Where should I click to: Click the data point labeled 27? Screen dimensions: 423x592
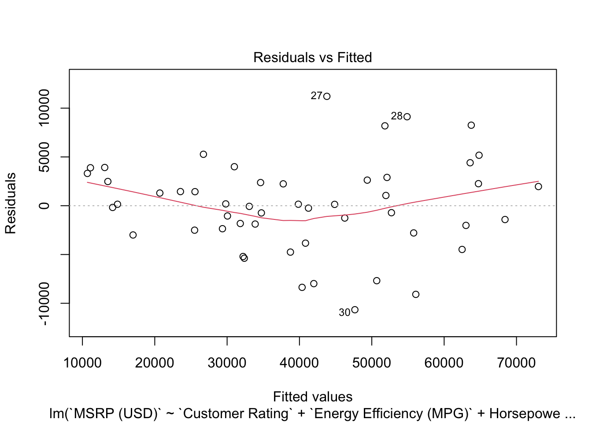coord(327,96)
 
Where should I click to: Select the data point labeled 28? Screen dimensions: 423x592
coord(407,117)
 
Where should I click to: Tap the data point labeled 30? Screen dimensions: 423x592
coord(355,310)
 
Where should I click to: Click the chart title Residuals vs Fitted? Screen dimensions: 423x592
coord(312,57)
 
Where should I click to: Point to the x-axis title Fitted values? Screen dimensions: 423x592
coord(312,397)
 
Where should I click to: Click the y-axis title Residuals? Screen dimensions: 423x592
coord(11,203)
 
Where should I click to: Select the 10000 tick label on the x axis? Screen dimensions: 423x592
coord(82,363)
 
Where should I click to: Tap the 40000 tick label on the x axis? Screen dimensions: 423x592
coord(300,363)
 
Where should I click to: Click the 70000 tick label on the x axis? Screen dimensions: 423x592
coord(516,363)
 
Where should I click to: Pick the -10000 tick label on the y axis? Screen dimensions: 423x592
coord(44,304)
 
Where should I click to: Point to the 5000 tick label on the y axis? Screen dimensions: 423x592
coord(44,157)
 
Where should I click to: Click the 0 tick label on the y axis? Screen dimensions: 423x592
coord(44,206)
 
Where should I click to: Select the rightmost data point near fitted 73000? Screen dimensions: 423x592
coord(538,186)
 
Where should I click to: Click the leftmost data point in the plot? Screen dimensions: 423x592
coord(87,173)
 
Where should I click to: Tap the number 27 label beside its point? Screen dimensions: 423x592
coord(316,96)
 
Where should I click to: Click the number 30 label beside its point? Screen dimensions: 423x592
coord(344,312)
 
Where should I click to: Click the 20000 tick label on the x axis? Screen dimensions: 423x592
coord(155,363)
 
